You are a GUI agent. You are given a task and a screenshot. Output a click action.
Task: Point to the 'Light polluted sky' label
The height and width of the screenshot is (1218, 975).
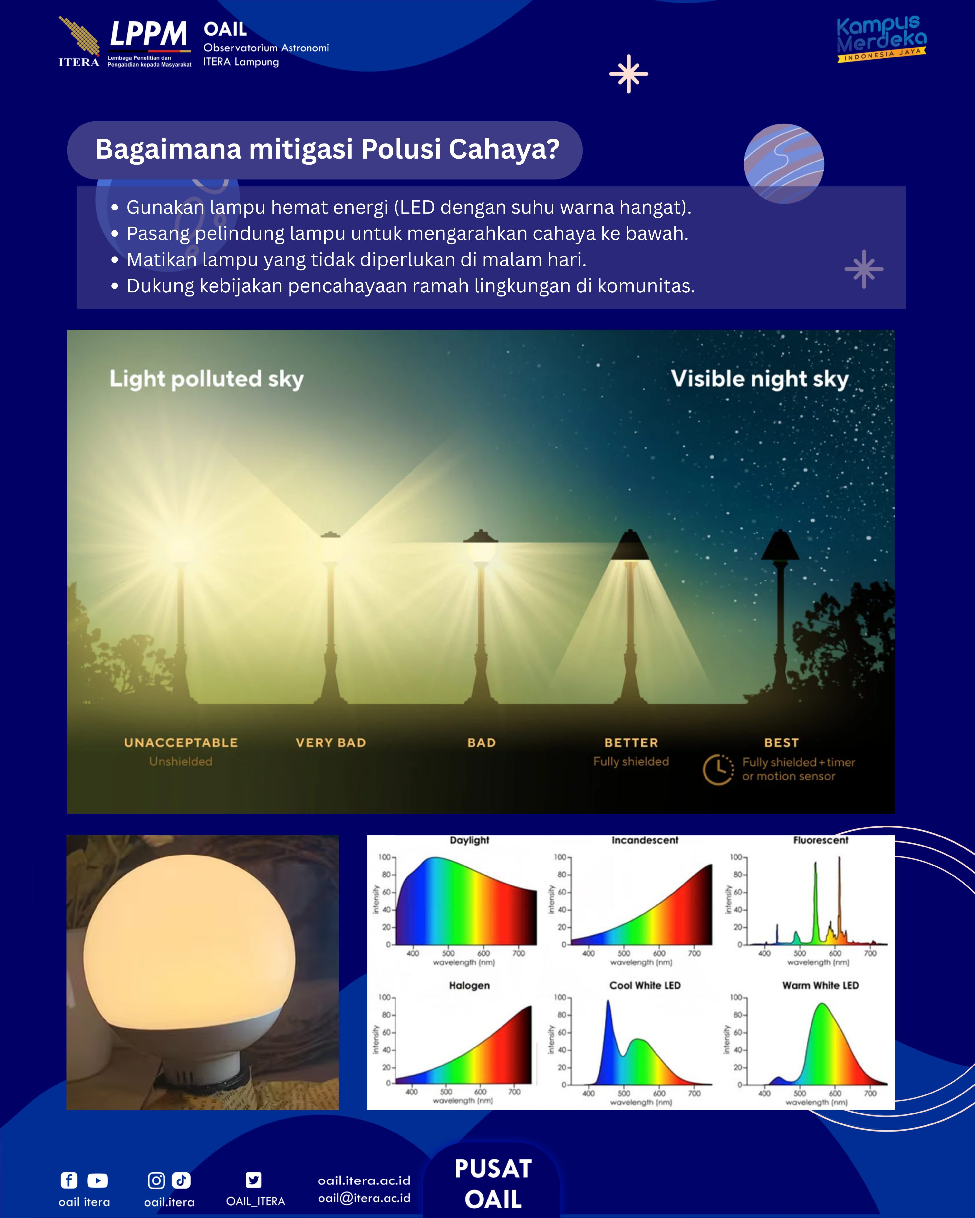click(x=207, y=379)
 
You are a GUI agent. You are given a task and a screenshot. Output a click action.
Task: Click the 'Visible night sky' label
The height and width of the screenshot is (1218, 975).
click(x=760, y=379)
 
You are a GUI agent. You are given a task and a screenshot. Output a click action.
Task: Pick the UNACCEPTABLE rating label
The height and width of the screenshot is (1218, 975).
click(x=181, y=742)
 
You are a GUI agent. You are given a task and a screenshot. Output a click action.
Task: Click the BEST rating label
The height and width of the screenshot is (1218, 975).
click(x=782, y=742)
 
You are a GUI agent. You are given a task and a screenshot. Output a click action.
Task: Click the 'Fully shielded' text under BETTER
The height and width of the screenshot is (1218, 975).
click(x=631, y=761)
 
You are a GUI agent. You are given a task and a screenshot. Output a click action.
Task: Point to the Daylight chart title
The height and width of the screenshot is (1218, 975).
click(x=469, y=840)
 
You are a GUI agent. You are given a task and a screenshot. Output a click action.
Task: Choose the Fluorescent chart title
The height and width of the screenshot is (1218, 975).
click(x=821, y=840)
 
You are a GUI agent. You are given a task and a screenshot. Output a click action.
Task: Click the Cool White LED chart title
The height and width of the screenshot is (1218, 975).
click(x=645, y=985)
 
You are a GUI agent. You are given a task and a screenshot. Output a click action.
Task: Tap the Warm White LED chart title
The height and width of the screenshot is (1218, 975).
click(x=821, y=985)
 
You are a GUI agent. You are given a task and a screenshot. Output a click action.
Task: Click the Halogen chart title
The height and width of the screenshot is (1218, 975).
click(x=469, y=985)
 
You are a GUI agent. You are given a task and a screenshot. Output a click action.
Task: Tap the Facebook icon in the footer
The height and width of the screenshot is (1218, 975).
click(x=69, y=1180)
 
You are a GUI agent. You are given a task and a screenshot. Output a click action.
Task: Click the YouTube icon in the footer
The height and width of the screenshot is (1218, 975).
click(x=98, y=1180)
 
